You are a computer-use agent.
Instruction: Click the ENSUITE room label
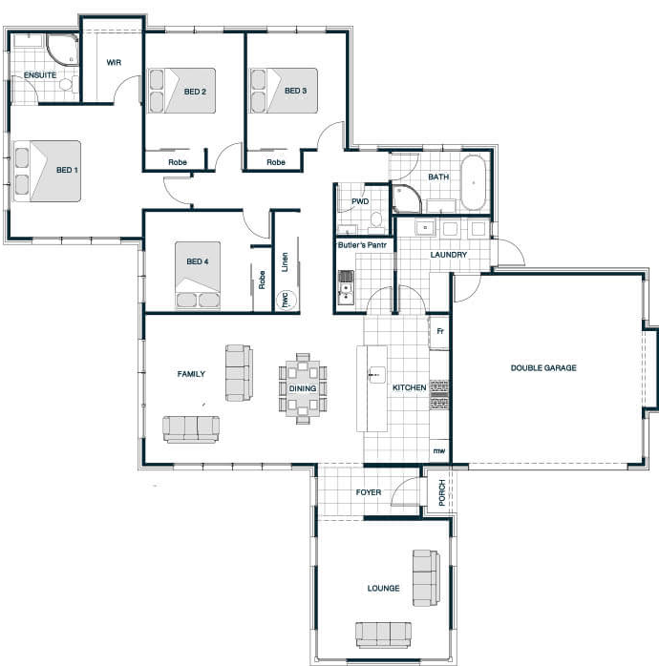[x=40, y=75]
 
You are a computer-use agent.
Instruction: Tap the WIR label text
[x=114, y=62]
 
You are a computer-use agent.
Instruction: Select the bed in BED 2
[x=181, y=91]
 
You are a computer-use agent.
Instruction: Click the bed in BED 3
[x=284, y=91]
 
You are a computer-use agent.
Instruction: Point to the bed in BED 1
[x=47, y=171]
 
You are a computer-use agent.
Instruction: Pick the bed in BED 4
[x=198, y=275]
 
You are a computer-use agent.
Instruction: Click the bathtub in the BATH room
[x=473, y=182]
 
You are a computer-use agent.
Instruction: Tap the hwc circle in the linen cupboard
[x=286, y=300]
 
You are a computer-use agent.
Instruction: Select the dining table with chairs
[x=303, y=388]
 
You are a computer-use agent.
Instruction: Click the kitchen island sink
[x=376, y=375]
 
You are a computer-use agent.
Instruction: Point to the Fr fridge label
[x=440, y=331]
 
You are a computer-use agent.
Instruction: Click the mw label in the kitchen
[x=439, y=450]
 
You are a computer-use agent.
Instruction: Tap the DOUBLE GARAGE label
[x=543, y=368]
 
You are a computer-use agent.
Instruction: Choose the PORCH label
[x=442, y=492]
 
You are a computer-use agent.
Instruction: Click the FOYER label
[x=369, y=492]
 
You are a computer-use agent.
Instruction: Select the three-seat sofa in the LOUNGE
[x=384, y=635]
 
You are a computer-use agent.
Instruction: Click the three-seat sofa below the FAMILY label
[x=191, y=429]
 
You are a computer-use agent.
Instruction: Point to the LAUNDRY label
[x=449, y=255]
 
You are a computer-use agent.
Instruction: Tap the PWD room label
[x=360, y=201]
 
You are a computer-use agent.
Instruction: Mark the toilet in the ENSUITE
[x=69, y=83]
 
